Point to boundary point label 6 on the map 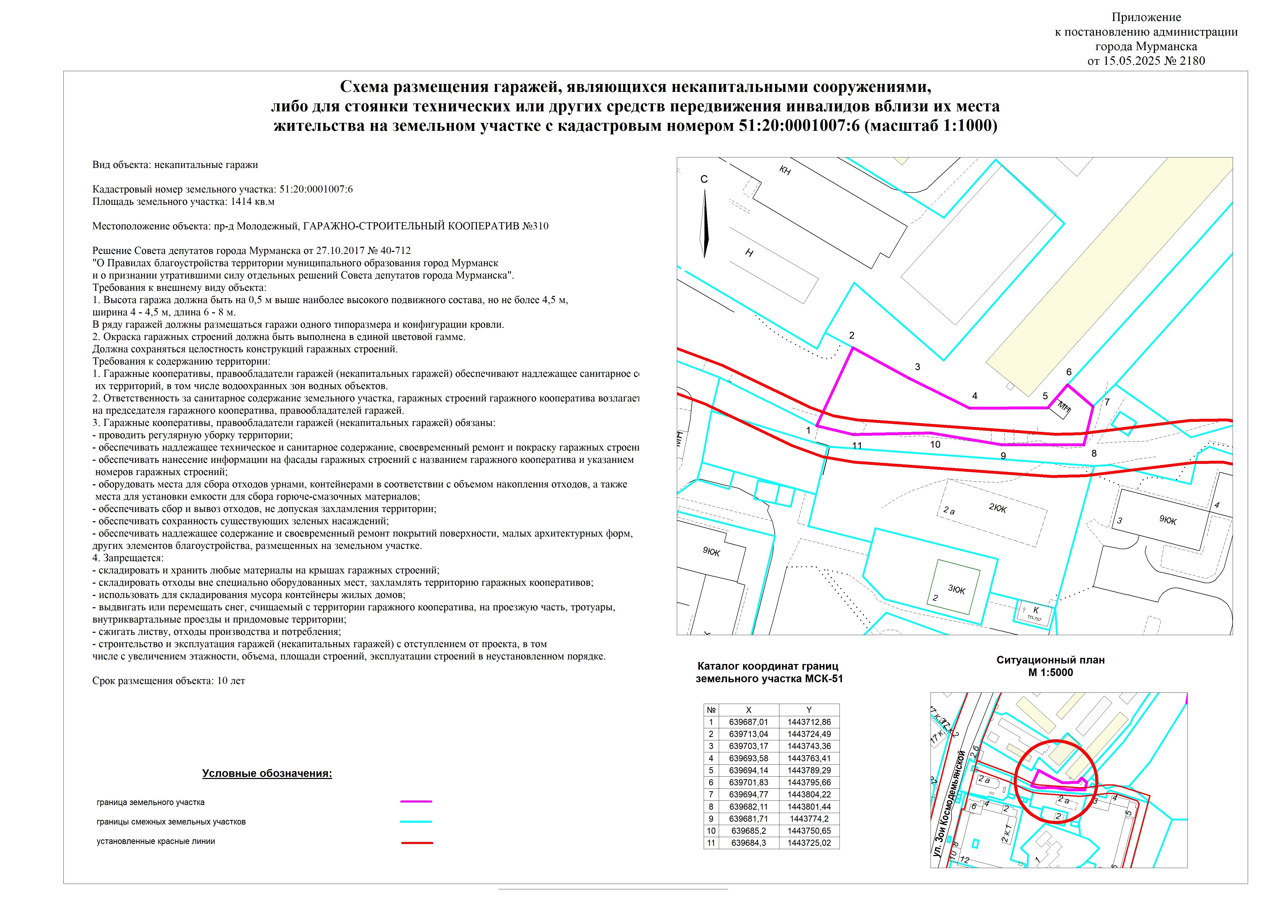1069,372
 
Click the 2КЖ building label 998,508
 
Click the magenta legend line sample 416,801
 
